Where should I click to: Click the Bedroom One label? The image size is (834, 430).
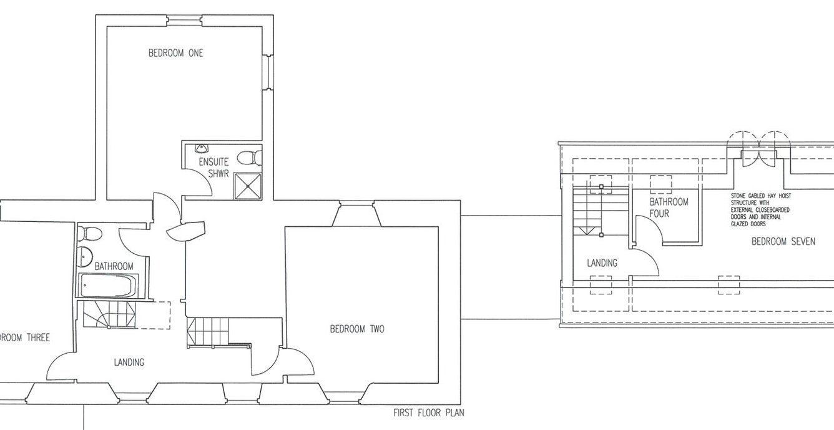175,54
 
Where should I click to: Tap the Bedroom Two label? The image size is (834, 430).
357,329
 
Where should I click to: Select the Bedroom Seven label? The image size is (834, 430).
783,241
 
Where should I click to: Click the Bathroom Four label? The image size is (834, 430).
669,207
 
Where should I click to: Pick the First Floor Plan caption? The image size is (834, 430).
428,413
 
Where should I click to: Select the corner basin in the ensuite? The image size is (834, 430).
200,149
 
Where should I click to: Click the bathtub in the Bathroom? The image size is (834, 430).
107,286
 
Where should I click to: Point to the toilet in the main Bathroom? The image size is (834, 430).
91,234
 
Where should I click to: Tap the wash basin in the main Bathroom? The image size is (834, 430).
85,256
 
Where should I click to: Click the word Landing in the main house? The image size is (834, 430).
129,362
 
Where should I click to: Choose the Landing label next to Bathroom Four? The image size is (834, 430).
602,263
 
